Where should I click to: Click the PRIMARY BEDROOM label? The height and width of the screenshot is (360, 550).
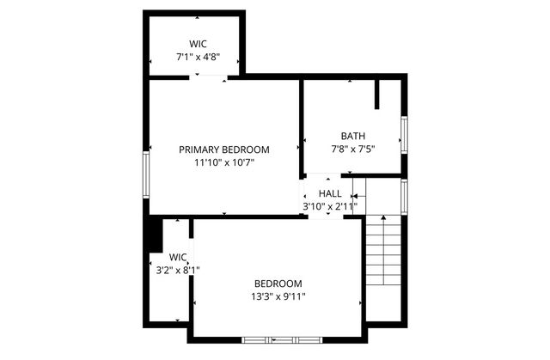pyautogui.click(x=223, y=149)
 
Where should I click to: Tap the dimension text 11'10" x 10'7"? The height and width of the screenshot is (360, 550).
pyautogui.click(x=223, y=162)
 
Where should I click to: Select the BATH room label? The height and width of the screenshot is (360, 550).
pyautogui.click(x=352, y=136)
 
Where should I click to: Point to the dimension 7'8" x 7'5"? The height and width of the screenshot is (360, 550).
pyautogui.click(x=352, y=149)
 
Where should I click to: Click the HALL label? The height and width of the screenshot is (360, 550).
pyautogui.click(x=330, y=194)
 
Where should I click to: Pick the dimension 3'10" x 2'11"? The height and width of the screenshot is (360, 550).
pyautogui.click(x=329, y=207)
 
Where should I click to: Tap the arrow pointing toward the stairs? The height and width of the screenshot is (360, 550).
pyautogui.click(x=356, y=197)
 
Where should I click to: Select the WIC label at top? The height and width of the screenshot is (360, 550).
pyautogui.click(x=199, y=43)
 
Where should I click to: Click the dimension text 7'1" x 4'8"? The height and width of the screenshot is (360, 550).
pyautogui.click(x=199, y=56)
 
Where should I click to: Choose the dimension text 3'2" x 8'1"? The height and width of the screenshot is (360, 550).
pyautogui.click(x=178, y=270)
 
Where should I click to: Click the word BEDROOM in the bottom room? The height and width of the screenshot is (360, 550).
pyautogui.click(x=278, y=284)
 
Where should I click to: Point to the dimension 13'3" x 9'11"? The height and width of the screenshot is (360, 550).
pyautogui.click(x=278, y=297)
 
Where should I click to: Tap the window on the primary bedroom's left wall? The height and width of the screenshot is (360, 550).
pyautogui.click(x=146, y=177)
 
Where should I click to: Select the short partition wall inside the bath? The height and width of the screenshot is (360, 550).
pyautogui.click(x=377, y=95)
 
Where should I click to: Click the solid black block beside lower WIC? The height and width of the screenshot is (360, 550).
pyautogui.click(x=154, y=235)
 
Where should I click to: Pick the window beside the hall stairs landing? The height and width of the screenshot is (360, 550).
pyautogui.click(x=405, y=195)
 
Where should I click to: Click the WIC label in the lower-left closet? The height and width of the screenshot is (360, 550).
pyautogui.click(x=178, y=257)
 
